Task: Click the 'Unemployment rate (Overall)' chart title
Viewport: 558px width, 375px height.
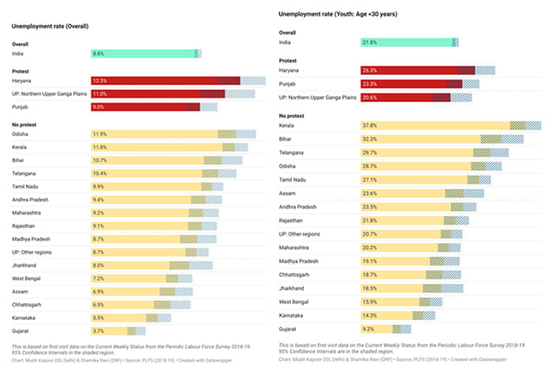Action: pyautogui.click(x=51, y=26)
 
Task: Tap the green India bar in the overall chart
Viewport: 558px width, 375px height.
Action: pyautogui.click(x=144, y=54)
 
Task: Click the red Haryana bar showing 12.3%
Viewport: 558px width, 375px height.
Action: pyautogui.click(x=165, y=81)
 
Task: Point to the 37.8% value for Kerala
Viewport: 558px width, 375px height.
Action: pyautogui.click(x=369, y=126)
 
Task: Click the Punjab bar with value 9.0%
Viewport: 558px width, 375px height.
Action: pyautogui.click(x=144, y=107)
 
